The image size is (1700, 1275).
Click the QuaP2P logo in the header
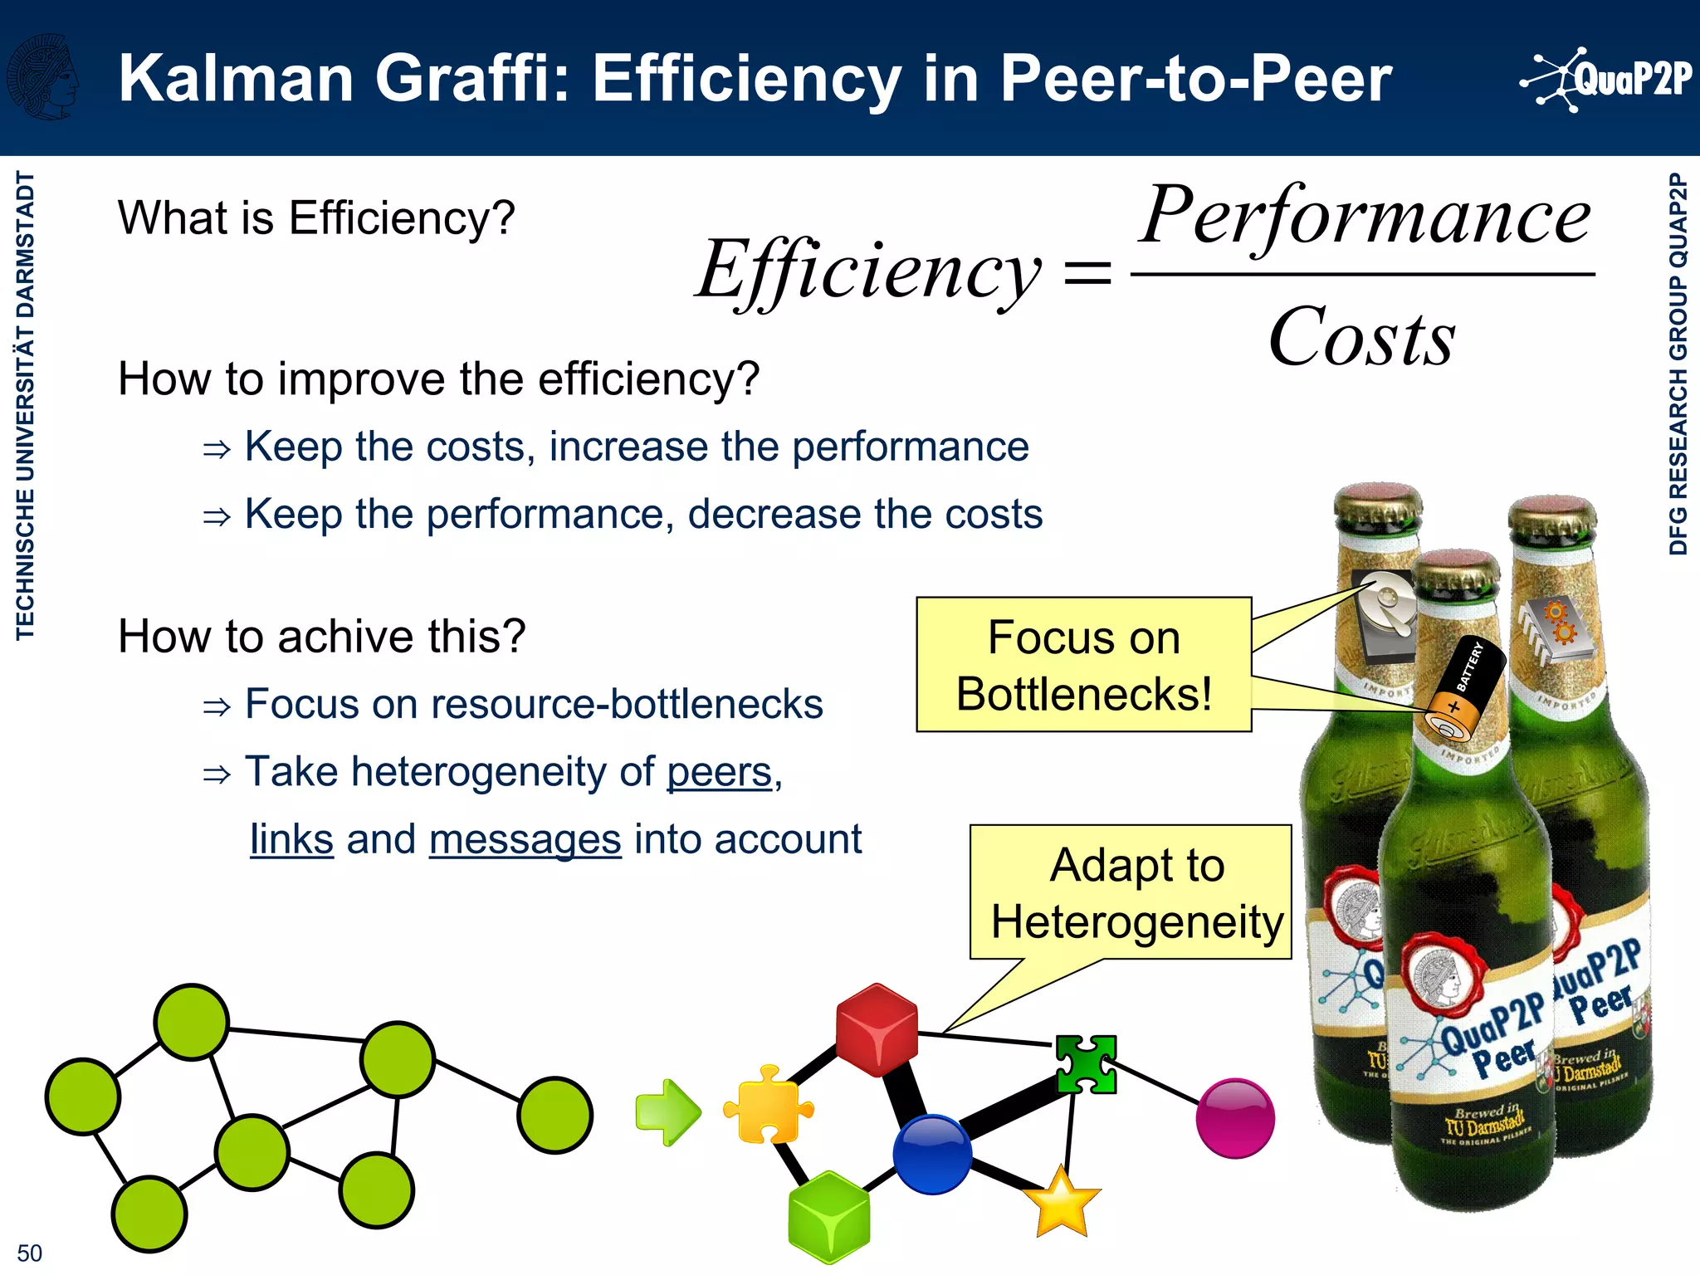tap(1606, 80)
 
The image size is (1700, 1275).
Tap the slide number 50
tap(29, 1253)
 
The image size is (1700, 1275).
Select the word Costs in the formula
tap(1361, 337)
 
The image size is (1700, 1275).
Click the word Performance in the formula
tap(1365, 216)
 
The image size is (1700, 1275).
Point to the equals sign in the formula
tap(1087, 273)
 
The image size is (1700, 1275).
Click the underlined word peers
tap(720, 772)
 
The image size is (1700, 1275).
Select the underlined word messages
tap(525, 839)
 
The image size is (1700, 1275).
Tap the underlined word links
tap(291, 839)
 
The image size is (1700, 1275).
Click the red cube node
tap(877, 1030)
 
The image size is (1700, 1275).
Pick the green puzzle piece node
tap(1086, 1064)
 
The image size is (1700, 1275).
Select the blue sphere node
tap(932, 1154)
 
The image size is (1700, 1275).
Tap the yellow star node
tap(1062, 1203)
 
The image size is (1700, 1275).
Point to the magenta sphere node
tap(1235, 1118)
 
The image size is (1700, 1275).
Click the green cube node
tap(828, 1217)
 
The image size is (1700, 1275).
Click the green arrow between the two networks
tap(667, 1112)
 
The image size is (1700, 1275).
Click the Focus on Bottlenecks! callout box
tap(1083, 665)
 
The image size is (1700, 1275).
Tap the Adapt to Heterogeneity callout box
tap(1131, 892)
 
